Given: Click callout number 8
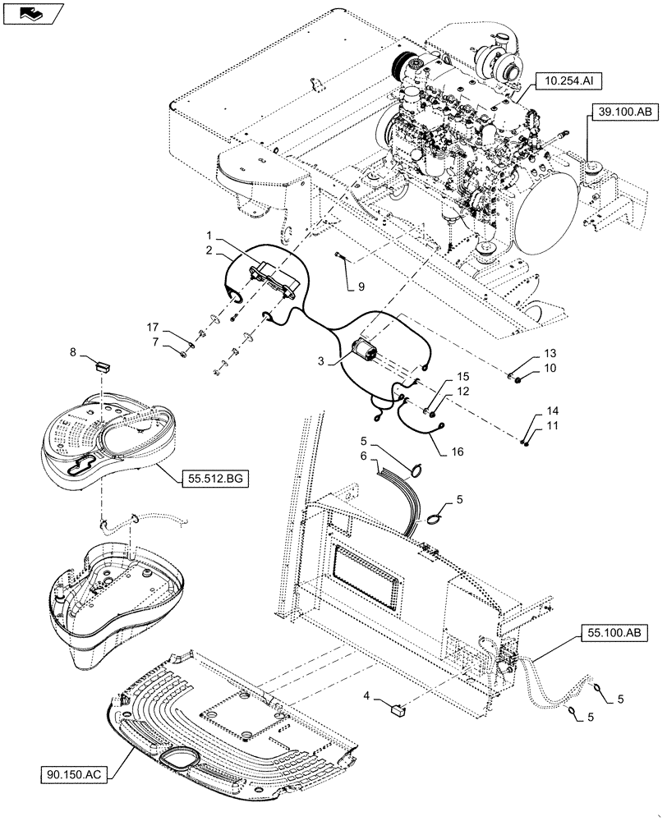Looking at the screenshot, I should (x=73, y=354).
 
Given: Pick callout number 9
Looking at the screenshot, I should (x=359, y=287).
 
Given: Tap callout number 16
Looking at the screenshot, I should (x=457, y=451).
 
